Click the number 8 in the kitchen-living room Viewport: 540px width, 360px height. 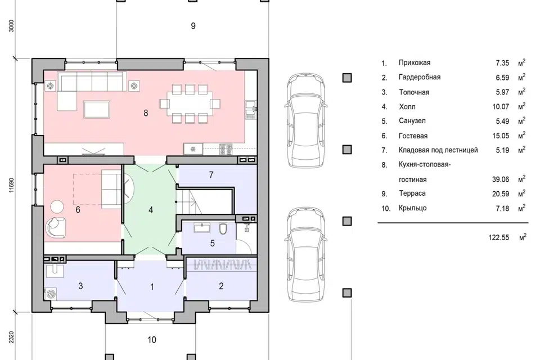[146, 113]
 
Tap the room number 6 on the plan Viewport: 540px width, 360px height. [78, 209]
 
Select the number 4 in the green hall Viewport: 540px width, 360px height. [151, 210]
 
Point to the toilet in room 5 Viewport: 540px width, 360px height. [223, 228]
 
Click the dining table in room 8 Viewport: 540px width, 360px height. [190, 103]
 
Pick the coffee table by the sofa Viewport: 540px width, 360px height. [97, 109]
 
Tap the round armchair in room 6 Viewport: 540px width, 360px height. [55, 227]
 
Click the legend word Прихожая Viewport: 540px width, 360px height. [415, 62]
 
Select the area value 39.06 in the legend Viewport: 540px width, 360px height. [501, 179]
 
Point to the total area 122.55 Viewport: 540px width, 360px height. [498, 237]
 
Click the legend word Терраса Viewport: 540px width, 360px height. [412, 193]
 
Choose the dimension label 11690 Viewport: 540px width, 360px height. [11, 185]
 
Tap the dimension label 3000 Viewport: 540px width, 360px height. [11, 26]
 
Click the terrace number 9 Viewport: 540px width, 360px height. [193, 26]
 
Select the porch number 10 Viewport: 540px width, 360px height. [152, 340]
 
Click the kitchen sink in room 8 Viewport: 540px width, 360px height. [251, 110]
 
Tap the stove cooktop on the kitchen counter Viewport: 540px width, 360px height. [226, 149]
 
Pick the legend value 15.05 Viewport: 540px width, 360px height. [501, 136]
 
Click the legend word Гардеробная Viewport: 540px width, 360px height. [420, 77]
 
